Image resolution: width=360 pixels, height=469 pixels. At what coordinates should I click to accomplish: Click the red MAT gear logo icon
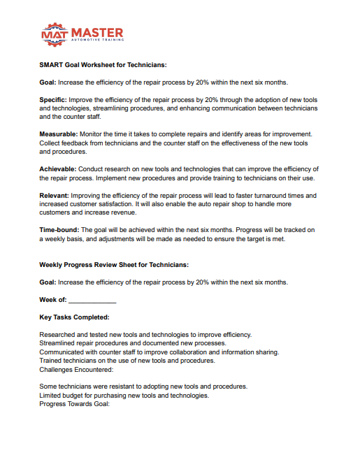[x=55, y=34]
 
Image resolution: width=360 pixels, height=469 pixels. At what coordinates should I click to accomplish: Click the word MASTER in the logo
[x=98, y=32]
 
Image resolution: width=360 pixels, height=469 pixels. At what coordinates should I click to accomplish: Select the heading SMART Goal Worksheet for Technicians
[x=103, y=65]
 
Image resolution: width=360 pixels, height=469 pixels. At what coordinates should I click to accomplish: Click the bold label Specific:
[x=54, y=100]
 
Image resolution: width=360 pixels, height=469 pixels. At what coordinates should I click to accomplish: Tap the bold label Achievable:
[x=57, y=169]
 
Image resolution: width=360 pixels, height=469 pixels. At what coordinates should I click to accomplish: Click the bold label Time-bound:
[x=59, y=229]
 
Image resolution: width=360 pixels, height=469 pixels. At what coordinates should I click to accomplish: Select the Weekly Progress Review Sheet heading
[x=114, y=265]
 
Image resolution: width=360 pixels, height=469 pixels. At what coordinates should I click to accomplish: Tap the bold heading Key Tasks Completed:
[x=74, y=317]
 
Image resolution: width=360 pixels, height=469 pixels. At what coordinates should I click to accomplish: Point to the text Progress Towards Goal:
[x=75, y=404]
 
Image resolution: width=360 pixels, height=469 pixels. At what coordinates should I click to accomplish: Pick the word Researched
[x=59, y=335]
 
